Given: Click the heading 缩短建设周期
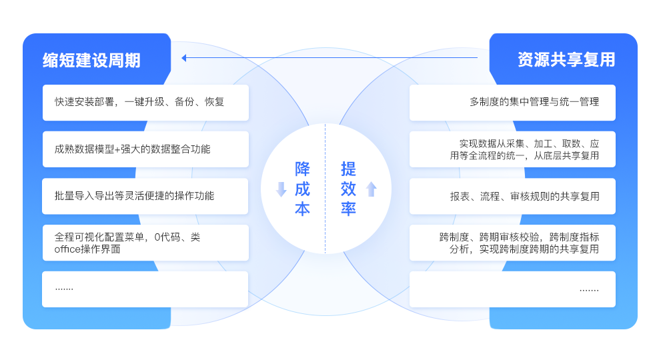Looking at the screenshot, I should pyautogui.click(x=91, y=60).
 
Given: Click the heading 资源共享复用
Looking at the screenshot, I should pyautogui.click(x=566, y=60).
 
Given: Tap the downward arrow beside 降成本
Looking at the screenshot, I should pyautogui.click(x=281, y=189).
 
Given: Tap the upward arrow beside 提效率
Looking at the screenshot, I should pyautogui.click(x=372, y=189).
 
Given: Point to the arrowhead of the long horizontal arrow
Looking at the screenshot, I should pyautogui.click(x=185, y=58).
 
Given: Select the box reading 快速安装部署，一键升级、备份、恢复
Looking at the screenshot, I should pyautogui.click(x=145, y=102).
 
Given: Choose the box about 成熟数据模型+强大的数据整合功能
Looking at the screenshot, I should pyautogui.click(x=145, y=149).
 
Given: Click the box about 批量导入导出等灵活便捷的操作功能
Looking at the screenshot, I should pyautogui.click(x=145, y=196).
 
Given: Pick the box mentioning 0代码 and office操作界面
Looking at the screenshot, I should pyautogui.click(x=145, y=243).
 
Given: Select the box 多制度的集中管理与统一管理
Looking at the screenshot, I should pyautogui.click(x=512, y=102).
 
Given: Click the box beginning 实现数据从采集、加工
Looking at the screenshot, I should pyautogui.click(x=512, y=149).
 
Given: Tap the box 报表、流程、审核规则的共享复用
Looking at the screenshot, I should pyautogui.click(x=512, y=196).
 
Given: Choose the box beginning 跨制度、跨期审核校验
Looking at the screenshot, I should pyautogui.click(x=512, y=243).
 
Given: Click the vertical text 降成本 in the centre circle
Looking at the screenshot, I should pyautogui.click(x=302, y=189).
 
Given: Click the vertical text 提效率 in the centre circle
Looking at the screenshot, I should pyautogui.click(x=348, y=189).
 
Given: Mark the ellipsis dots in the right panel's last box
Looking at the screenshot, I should pyautogui.click(x=588, y=290).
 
